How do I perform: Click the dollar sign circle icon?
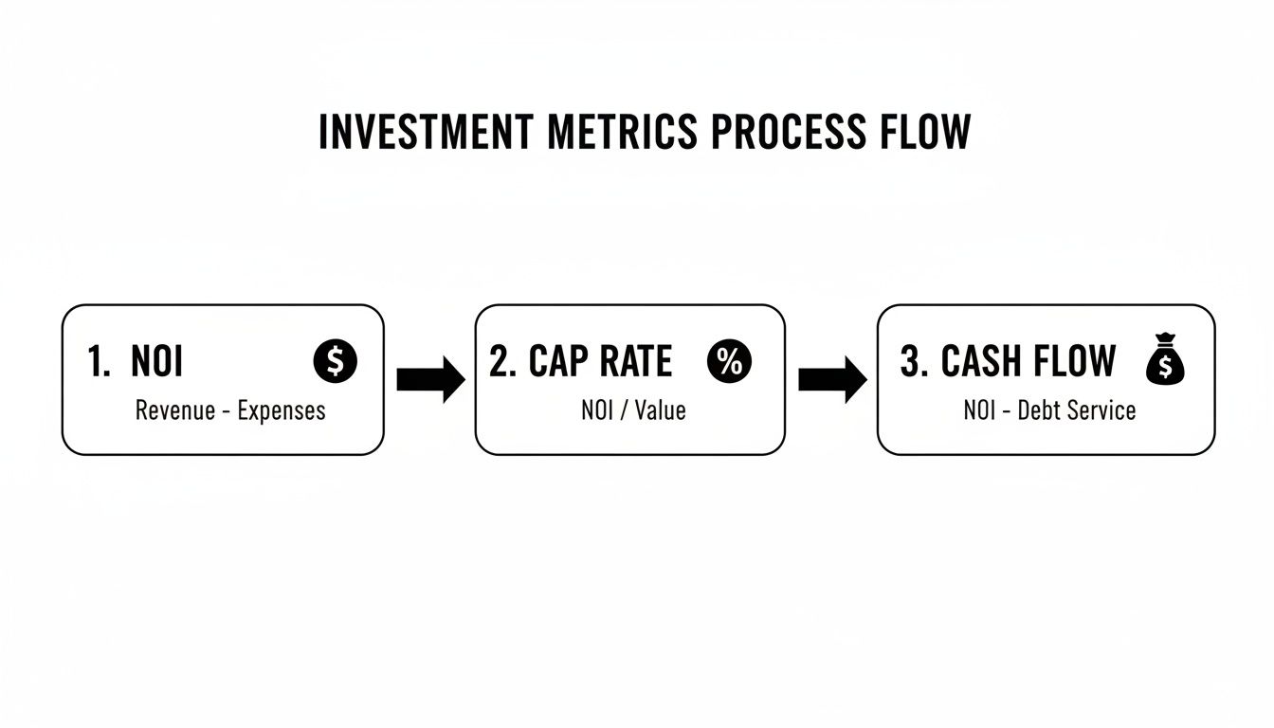tap(335, 362)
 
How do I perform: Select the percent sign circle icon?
tap(729, 362)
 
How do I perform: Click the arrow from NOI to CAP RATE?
tap(430, 380)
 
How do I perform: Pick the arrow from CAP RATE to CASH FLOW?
tap(832, 380)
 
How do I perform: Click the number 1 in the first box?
tap(98, 362)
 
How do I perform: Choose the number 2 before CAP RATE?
tap(500, 362)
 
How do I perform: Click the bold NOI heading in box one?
tap(157, 362)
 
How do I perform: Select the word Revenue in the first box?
tap(174, 410)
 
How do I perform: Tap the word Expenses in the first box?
tap(282, 411)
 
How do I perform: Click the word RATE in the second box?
tap(635, 362)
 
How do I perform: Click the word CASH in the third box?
tap(982, 362)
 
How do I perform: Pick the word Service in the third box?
tap(1102, 410)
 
